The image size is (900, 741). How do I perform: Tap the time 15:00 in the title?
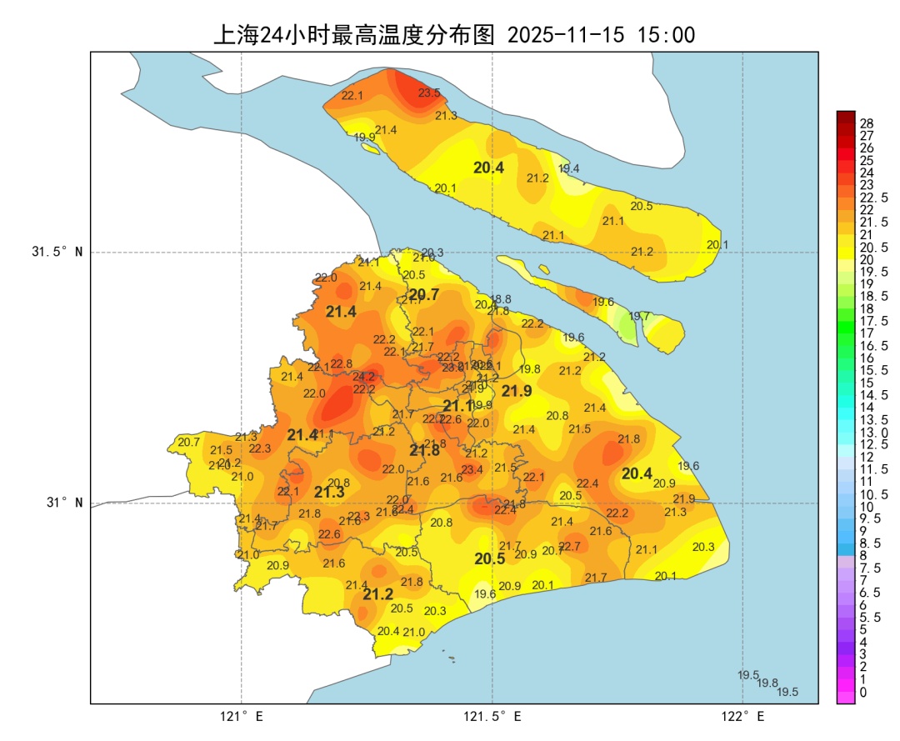click(666, 35)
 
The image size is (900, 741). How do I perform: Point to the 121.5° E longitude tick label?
click(492, 717)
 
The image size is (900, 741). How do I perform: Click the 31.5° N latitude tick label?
click(57, 252)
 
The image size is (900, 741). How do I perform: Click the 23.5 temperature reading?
click(429, 93)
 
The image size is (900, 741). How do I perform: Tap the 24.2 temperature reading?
click(363, 377)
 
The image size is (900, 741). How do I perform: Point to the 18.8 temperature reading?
click(501, 299)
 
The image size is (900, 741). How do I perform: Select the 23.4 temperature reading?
click(472, 470)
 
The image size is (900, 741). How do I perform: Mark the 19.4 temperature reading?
click(568, 168)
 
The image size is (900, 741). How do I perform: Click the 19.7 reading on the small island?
click(639, 316)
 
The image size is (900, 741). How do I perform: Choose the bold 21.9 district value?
click(517, 391)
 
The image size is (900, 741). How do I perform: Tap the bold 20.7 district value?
click(424, 294)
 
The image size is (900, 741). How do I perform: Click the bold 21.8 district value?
click(424, 450)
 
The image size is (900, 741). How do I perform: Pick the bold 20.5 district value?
click(490, 559)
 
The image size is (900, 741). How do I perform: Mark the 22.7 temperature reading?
click(569, 546)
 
